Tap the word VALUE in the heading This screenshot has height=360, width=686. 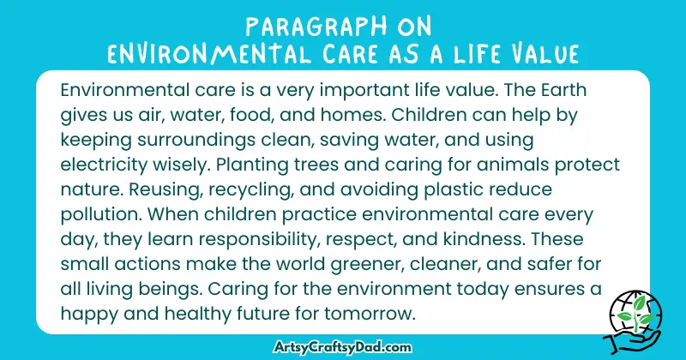[543, 53]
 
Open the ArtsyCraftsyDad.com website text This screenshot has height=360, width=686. [343, 348]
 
